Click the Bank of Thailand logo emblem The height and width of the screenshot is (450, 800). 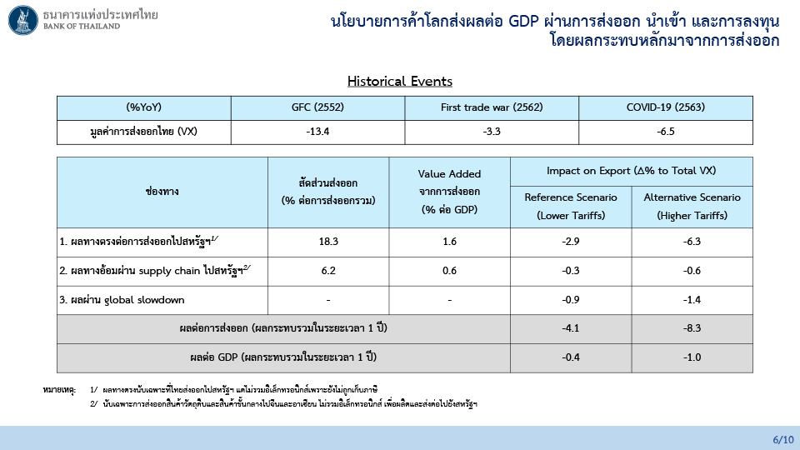click(x=23, y=20)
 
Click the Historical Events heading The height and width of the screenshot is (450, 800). click(x=399, y=81)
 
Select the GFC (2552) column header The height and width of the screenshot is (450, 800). click(x=317, y=107)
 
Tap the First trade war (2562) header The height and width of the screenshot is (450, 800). click(x=492, y=107)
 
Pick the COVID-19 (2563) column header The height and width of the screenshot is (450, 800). click(x=666, y=107)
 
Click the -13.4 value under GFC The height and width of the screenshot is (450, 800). click(x=317, y=132)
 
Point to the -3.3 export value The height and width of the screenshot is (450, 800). click(x=492, y=132)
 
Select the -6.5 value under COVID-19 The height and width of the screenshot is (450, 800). click(x=666, y=132)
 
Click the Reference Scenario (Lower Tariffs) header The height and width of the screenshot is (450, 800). click(x=571, y=206)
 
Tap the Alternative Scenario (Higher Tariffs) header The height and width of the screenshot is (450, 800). click(x=692, y=206)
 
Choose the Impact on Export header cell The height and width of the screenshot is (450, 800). click(x=631, y=171)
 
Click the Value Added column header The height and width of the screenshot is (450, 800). click(x=449, y=192)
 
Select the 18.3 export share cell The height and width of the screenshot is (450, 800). click(x=328, y=242)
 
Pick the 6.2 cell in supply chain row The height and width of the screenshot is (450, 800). click(x=328, y=271)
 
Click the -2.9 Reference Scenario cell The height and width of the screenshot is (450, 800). click(x=571, y=242)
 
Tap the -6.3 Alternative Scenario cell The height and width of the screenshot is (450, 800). click(x=692, y=242)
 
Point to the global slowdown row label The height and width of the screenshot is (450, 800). click(x=122, y=300)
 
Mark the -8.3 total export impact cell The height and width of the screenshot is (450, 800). click(x=692, y=328)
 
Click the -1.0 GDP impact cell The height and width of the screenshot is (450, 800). click(x=692, y=357)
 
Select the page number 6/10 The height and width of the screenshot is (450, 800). click(x=783, y=440)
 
